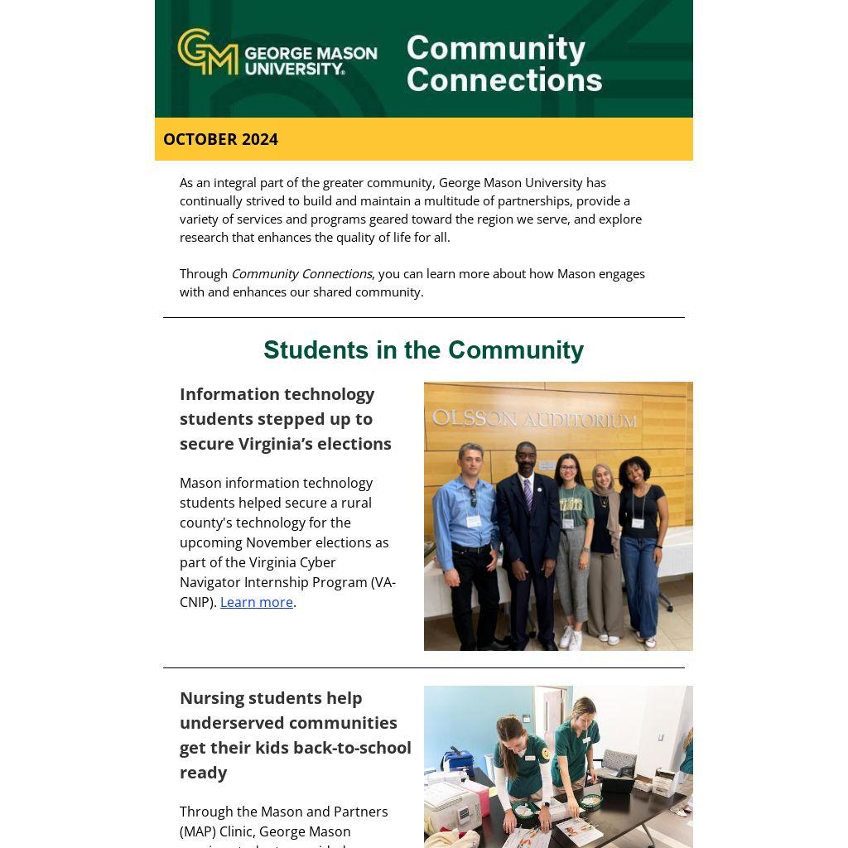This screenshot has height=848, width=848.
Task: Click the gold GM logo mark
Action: tap(207, 51)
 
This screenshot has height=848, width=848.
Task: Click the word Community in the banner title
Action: tap(495, 48)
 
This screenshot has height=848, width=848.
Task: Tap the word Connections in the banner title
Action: tap(503, 80)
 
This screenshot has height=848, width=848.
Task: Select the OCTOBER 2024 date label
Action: tap(220, 139)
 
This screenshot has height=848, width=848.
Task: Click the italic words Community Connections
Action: tap(301, 273)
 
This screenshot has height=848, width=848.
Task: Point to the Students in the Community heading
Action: tap(423, 350)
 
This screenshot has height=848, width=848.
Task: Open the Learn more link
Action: tap(256, 602)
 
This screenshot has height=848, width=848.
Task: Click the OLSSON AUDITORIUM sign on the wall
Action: tap(534, 419)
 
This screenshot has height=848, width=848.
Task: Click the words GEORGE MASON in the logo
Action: tap(311, 53)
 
